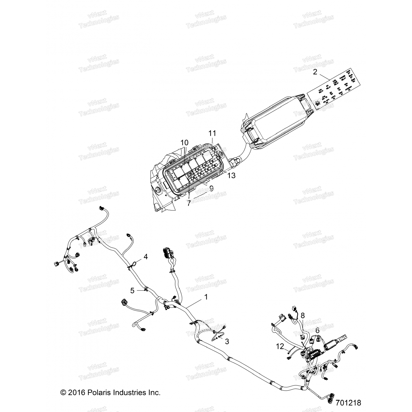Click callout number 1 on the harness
pyautogui.click(x=206, y=297)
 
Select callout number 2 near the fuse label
pyautogui.click(x=315, y=72)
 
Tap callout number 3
pyautogui.click(x=227, y=341)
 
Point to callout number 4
pyautogui.click(x=146, y=257)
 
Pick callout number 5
pyautogui.click(x=132, y=291)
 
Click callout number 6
pyautogui.click(x=318, y=331)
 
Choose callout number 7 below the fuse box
pyautogui.click(x=189, y=203)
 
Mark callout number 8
pyautogui.click(x=302, y=315)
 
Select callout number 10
pyautogui.click(x=185, y=143)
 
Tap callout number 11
pyautogui.click(x=212, y=133)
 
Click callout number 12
pyautogui.click(x=280, y=347)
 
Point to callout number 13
pyautogui.click(x=232, y=175)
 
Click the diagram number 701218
pyautogui.click(x=348, y=403)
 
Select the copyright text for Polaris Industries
pyautogui.click(x=110, y=392)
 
